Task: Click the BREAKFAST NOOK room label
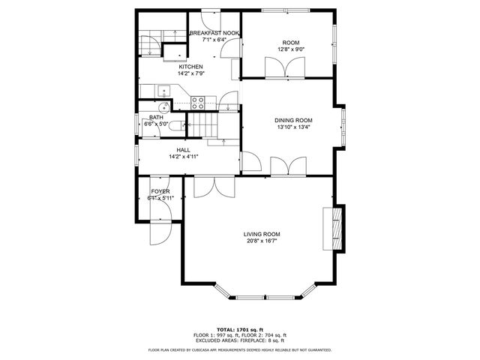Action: point(214,33)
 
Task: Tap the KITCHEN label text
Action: point(190,67)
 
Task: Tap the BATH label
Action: point(156,117)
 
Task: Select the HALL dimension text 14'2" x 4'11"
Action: point(183,157)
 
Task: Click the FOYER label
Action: point(160,192)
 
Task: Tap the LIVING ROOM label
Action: point(262,233)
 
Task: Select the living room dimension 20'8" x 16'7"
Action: point(262,241)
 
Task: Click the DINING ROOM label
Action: point(293,120)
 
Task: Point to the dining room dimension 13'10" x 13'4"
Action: point(293,127)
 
